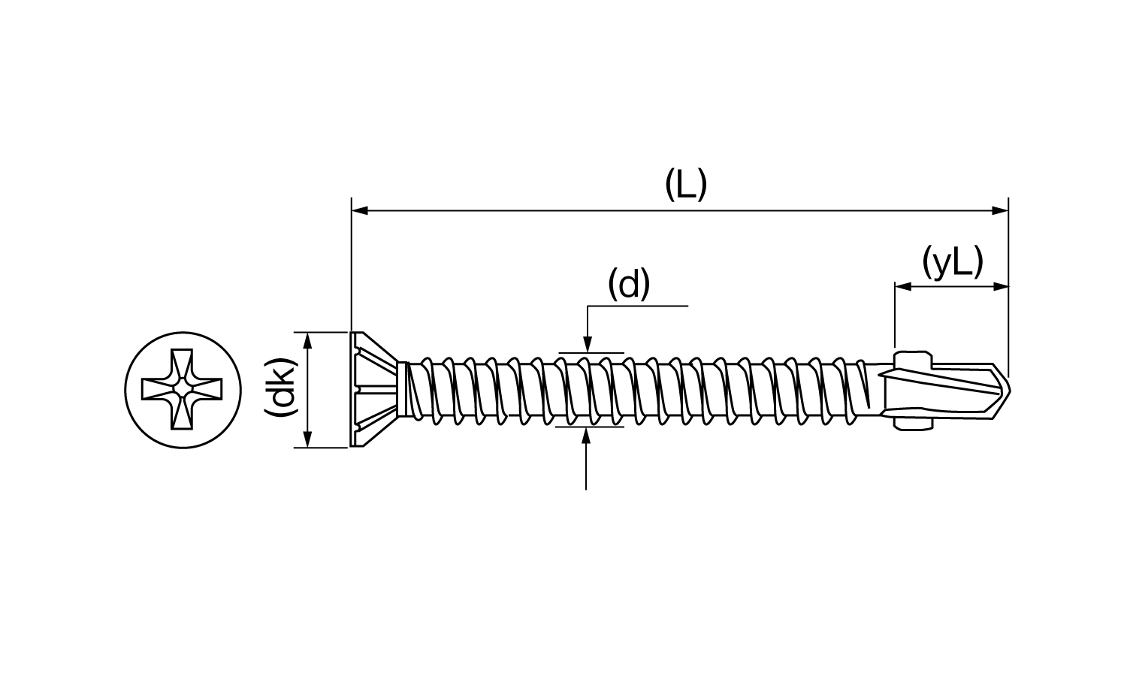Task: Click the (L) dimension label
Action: point(686,185)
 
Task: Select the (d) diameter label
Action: point(629,284)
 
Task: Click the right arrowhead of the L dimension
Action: point(1000,210)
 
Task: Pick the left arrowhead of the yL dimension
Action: point(904,287)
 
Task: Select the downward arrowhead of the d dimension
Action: point(587,344)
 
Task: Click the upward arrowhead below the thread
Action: point(585,436)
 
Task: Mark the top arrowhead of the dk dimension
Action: point(309,341)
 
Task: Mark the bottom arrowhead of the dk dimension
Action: point(309,439)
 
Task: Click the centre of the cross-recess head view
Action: point(182,389)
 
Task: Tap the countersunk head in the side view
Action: point(375,389)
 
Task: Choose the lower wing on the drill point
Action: point(913,422)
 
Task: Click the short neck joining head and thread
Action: point(403,389)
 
